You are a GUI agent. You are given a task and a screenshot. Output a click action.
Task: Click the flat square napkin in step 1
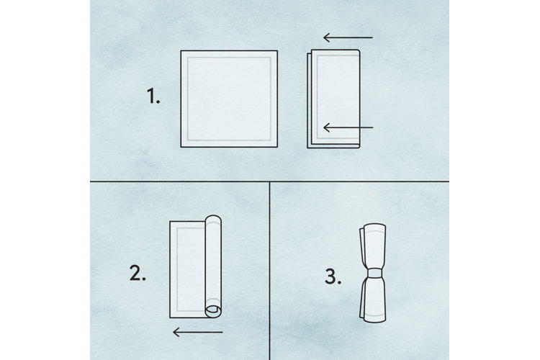228,99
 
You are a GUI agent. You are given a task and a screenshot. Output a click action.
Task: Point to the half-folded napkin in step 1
333,99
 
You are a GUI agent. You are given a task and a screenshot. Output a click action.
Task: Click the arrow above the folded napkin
348,37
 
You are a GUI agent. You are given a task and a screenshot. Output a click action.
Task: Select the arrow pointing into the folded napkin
348,128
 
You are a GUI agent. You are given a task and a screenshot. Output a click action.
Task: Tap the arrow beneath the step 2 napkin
199,332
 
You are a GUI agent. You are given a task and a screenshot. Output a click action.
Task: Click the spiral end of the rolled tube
212,310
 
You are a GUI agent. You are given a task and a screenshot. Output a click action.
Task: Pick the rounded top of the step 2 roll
213,220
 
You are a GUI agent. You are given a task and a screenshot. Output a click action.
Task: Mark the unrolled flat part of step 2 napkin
187,270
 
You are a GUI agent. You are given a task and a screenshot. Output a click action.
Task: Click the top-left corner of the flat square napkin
181,51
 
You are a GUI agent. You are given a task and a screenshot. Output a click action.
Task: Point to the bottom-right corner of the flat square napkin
277,146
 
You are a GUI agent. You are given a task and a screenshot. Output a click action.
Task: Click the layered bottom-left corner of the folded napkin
310,146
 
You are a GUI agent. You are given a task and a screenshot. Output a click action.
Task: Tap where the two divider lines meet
269,181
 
